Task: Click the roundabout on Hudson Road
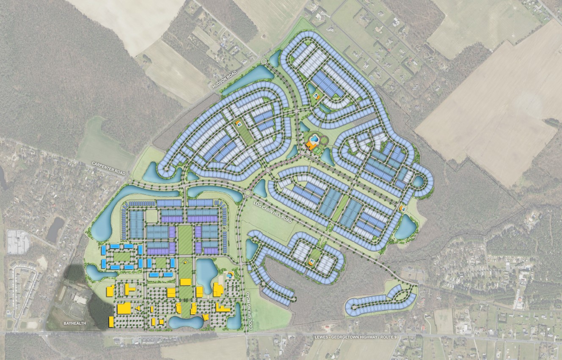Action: (x=264, y=62)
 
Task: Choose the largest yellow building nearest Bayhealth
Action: (x=124, y=308)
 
